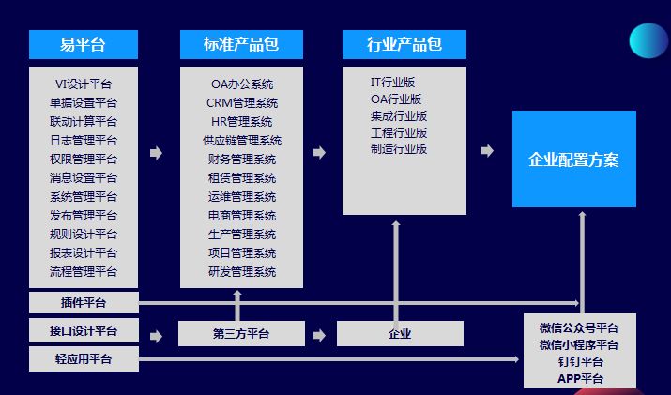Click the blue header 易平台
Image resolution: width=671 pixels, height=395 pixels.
[83, 44]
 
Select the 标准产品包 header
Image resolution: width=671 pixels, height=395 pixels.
[241, 44]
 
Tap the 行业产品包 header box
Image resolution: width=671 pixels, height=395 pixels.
[404, 44]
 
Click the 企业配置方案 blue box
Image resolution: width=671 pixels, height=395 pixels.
[573, 160]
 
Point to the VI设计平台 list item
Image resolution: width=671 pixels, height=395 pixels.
[84, 84]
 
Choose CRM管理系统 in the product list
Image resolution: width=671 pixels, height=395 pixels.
[242, 103]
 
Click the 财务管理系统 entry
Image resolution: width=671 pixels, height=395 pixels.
[242, 160]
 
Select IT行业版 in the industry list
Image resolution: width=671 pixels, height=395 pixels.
[392, 83]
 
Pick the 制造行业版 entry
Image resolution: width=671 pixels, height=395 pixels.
[399, 148]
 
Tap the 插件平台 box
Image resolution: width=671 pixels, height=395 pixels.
[84, 302]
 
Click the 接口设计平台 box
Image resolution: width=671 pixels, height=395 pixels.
[84, 331]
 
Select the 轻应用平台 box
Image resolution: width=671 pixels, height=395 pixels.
[84, 359]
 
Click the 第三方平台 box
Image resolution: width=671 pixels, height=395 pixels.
[241, 333]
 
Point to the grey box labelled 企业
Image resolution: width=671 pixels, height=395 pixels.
[400, 333]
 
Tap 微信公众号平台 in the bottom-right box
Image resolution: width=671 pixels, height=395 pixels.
[579, 328]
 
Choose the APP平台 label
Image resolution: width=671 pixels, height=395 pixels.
[580, 378]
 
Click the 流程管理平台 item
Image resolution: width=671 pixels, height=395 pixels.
[84, 272]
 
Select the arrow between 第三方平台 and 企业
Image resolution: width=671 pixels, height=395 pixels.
[319, 335]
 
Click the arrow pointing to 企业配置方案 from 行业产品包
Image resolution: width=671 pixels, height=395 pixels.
[486, 151]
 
